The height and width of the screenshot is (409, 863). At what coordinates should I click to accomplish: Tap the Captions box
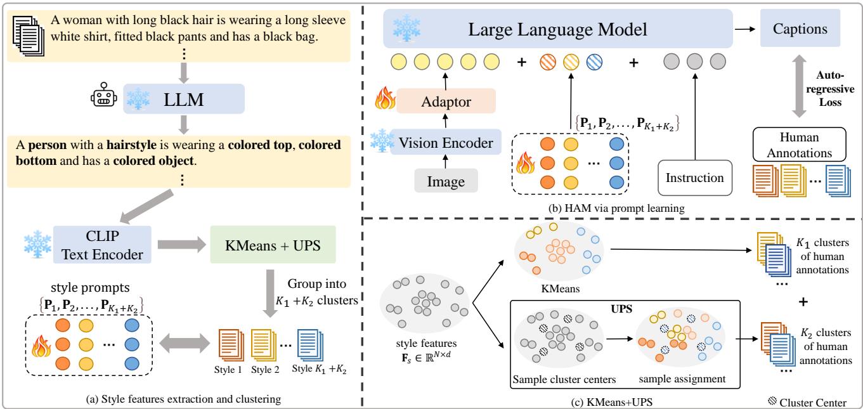coord(805,29)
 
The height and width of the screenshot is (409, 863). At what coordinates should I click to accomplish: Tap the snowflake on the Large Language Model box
coord(406,25)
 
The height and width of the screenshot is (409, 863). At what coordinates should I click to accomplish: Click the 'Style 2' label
coord(263,367)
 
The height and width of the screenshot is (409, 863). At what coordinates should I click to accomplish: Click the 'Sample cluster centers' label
coord(555,379)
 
